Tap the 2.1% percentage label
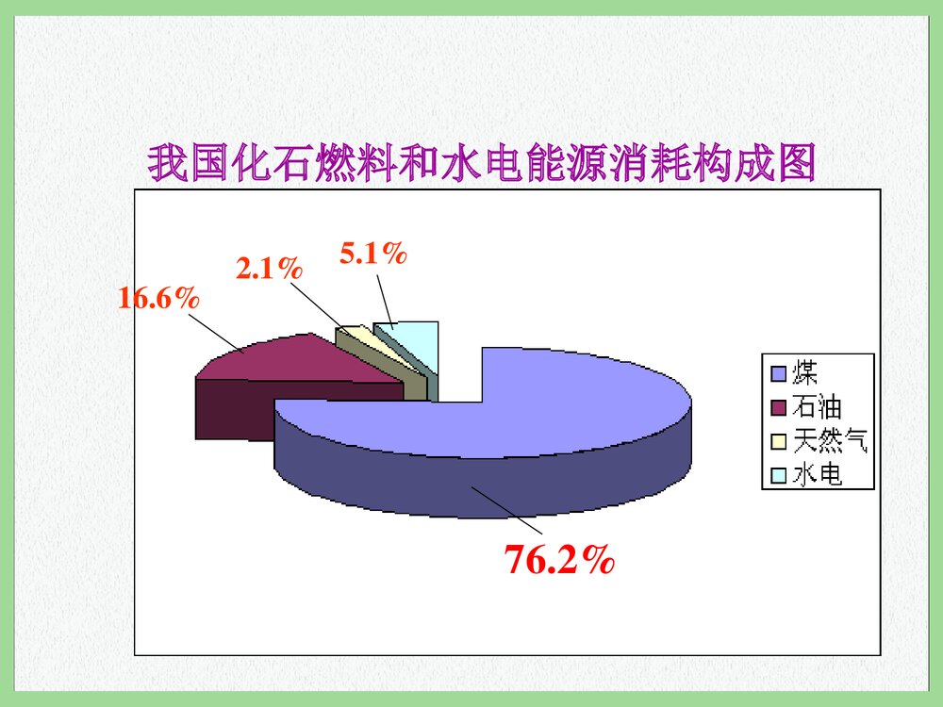[x=269, y=270]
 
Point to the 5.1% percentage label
[x=373, y=253]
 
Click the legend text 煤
[x=804, y=372]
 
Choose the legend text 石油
[x=816, y=407]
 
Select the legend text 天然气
[x=829, y=440]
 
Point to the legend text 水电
[x=817, y=474]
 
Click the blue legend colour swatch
[x=778, y=374]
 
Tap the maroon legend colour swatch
[x=778, y=407]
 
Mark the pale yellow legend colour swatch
[x=778, y=441]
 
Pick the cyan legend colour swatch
[x=778, y=475]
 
